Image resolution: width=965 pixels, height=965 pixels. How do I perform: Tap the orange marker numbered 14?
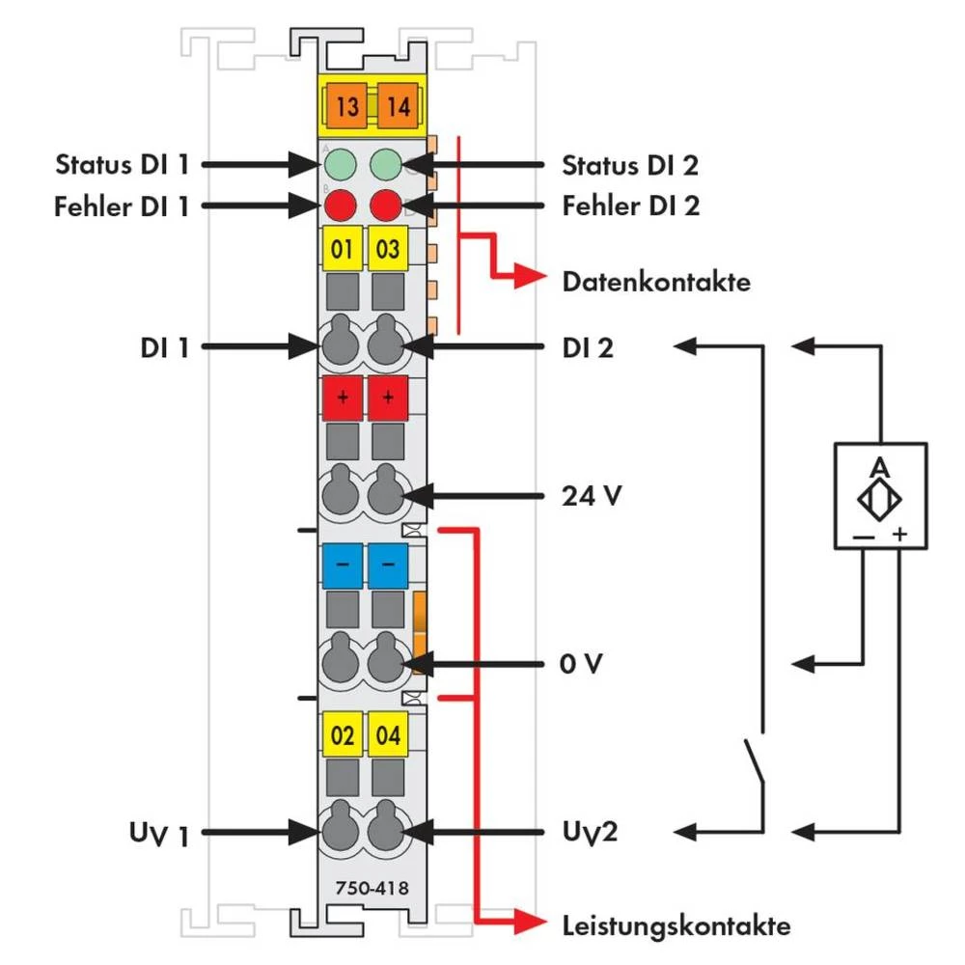[398, 106]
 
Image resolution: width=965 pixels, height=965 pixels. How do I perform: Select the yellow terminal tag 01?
[342, 250]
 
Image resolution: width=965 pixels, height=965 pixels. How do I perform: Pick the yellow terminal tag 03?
[388, 250]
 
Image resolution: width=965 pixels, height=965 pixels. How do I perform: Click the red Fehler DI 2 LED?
[386, 206]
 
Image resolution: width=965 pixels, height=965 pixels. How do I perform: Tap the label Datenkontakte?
[655, 283]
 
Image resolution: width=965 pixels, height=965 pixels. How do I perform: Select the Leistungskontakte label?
[675, 926]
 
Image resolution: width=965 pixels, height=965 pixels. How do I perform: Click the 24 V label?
[591, 498]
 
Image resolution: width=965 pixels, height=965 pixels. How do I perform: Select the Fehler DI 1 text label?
[121, 207]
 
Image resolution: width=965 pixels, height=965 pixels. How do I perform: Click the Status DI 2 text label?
[630, 165]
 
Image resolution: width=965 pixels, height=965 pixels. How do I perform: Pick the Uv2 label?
[589, 831]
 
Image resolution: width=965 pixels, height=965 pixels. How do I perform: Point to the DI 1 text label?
[163, 346]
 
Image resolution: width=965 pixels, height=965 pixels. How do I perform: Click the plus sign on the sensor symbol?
[900, 534]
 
